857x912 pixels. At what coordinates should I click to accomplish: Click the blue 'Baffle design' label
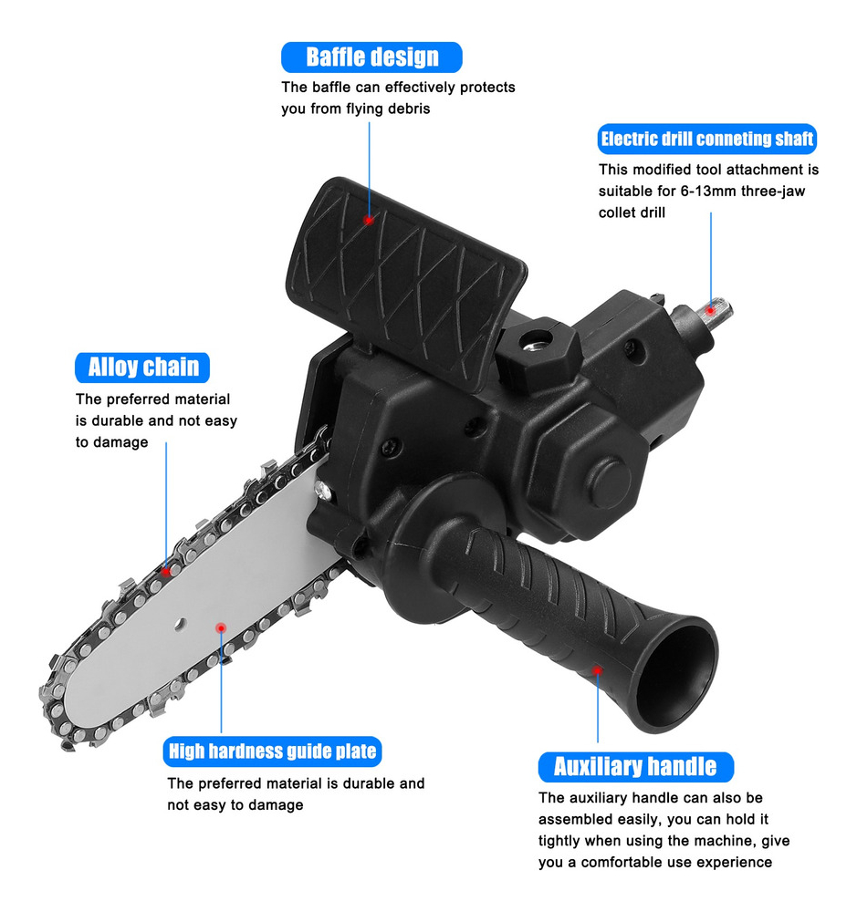(371, 57)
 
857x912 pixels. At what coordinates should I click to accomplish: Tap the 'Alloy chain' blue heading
(142, 368)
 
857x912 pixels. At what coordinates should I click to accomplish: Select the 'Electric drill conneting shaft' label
(706, 139)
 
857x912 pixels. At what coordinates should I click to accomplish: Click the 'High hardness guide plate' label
(273, 751)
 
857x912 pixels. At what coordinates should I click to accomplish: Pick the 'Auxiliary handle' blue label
(636, 767)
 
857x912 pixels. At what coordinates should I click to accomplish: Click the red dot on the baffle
(368, 220)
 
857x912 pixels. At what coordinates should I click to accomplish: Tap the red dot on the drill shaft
(710, 310)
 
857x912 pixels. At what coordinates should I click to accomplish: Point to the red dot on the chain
(166, 571)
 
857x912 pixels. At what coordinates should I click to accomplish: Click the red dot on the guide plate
(221, 628)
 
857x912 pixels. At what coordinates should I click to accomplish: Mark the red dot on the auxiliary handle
(597, 670)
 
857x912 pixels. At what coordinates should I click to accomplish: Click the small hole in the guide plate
(180, 625)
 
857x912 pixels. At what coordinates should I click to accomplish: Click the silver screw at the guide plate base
(322, 492)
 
